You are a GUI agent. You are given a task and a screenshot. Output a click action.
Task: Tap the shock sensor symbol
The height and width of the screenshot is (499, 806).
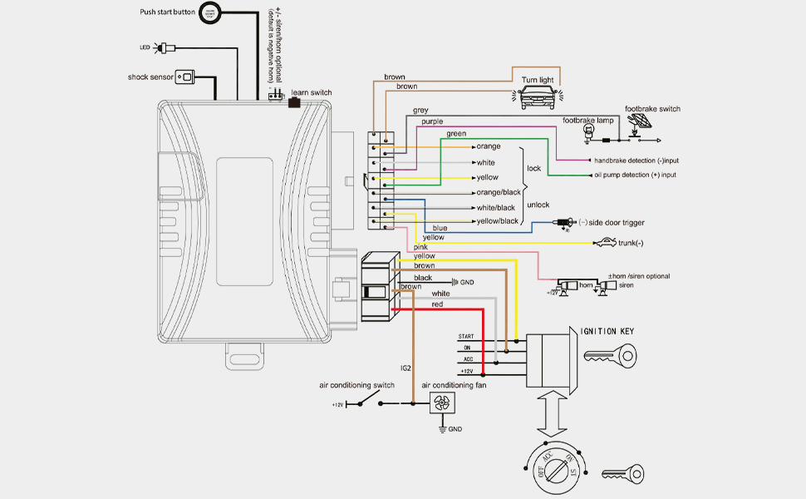(x=188, y=77)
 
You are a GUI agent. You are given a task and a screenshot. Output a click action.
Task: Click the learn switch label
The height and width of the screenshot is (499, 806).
(x=311, y=91)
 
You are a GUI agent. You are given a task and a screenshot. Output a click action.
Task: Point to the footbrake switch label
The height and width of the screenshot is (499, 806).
(x=652, y=109)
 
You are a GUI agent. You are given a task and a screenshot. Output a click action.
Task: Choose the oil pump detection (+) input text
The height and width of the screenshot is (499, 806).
(x=635, y=175)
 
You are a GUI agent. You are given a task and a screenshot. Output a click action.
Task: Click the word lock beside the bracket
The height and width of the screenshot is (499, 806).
(x=534, y=168)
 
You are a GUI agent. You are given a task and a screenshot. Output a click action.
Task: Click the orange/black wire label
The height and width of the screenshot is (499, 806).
(x=499, y=192)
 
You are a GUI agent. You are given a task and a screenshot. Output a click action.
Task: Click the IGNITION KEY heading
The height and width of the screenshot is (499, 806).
(x=607, y=331)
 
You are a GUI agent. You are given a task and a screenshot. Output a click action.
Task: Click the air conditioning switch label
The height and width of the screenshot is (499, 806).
(x=356, y=386)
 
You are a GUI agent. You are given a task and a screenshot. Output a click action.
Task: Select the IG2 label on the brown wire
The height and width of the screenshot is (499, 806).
(x=405, y=367)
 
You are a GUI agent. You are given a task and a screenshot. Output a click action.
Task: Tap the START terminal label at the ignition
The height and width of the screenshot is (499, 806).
(x=465, y=336)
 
